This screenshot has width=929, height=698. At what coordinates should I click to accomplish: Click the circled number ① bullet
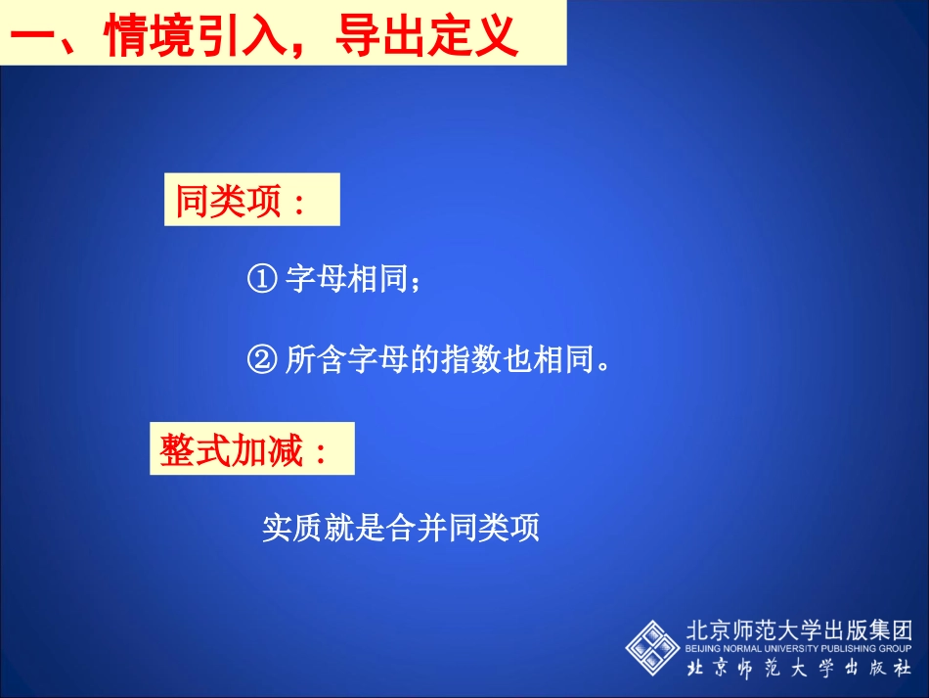[x=262, y=280]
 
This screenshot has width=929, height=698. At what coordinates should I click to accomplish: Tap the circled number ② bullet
[x=262, y=360]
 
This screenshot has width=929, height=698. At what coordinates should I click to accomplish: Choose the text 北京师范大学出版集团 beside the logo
[x=799, y=629]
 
